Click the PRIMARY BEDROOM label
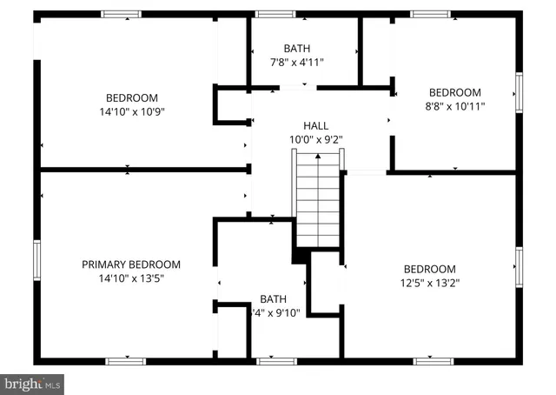[x=131, y=264]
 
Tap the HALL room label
[x=315, y=125]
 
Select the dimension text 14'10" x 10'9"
[x=131, y=111]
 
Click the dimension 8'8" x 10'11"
[x=454, y=106]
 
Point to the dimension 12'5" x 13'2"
[x=429, y=283]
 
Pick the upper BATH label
[x=296, y=49]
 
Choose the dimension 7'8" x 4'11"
[x=296, y=63]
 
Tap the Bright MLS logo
[x=32, y=383]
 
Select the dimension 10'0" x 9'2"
[x=315, y=139]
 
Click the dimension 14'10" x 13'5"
[x=131, y=278]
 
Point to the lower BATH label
[x=273, y=298]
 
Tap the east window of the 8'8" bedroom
[x=519, y=93]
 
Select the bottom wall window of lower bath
[x=276, y=361]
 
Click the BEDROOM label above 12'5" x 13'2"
[x=429, y=269]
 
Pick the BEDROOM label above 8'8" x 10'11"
[x=454, y=92]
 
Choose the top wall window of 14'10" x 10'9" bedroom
[x=120, y=14]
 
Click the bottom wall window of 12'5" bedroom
[x=434, y=361]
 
